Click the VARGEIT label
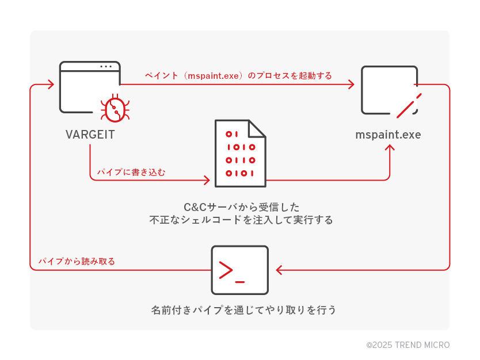(x=90, y=135)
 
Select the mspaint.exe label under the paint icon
(x=388, y=135)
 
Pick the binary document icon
(x=240, y=154)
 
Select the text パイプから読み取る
(x=77, y=261)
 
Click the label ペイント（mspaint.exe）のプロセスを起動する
(x=238, y=75)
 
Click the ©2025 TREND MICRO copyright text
(x=408, y=345)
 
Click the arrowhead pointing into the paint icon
(x=351, y=85)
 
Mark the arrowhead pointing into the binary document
(x=207, y=181)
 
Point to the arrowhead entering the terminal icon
(x=279, y=270)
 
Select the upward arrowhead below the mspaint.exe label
(x=390, y=148)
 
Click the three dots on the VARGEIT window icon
(x=105, y=66)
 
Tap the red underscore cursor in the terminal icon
(x=240, y=281)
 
